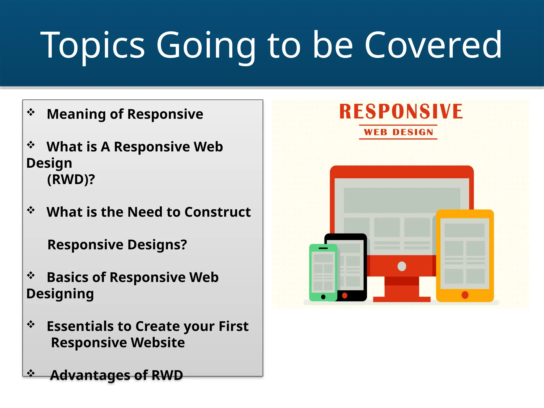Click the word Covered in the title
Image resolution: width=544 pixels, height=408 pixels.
point(433,45)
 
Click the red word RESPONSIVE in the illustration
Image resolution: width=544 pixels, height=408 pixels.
point(401,112)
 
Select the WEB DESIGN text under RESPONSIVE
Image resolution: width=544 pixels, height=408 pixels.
point(398,132)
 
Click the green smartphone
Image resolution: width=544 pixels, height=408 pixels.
point(323,272)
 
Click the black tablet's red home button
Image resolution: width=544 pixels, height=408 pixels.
point(345,295)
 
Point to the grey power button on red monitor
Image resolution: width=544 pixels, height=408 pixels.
point(402,266)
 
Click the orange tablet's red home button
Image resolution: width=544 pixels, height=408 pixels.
point(465,295)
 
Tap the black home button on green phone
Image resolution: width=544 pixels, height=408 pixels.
point(323,297)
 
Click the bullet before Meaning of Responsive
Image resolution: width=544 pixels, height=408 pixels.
point(31,112)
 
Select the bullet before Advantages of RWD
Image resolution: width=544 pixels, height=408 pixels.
point(31,373)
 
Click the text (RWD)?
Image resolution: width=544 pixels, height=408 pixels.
point(71,179)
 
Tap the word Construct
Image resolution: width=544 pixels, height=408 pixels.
point(217,212)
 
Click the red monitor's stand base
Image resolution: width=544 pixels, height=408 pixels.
point(402,299)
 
